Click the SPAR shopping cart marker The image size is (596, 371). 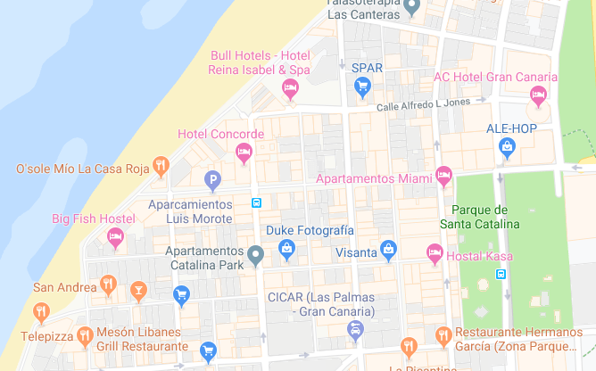tap(362, 86)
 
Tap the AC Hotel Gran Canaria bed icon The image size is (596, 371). tap(538, 94)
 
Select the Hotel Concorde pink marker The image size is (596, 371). tap(243, 153)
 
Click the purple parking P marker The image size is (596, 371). tap(212, 181)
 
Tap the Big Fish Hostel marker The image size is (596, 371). tap(115, 236)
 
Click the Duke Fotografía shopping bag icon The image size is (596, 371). tap(286, 249)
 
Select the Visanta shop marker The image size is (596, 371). tap(388, 250)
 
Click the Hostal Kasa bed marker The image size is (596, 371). tap(435, 252)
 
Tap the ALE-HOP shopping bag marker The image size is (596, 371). tap(507, 148)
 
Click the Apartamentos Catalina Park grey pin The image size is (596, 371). tap(256, 256)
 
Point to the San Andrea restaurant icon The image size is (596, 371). tap(108, 284)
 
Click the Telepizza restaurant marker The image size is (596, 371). tap(41, 311)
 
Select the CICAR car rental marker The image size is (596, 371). tap(355, 331)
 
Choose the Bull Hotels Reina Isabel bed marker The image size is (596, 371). tap(290, 87)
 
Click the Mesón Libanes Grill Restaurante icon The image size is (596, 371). tap(85, 336)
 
